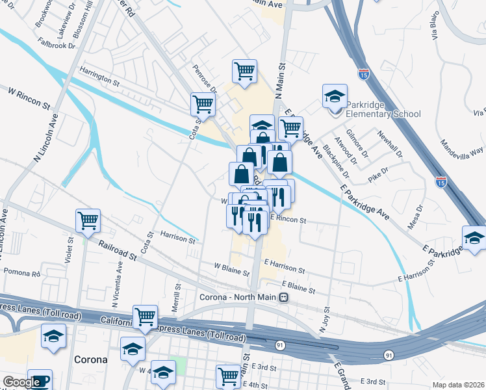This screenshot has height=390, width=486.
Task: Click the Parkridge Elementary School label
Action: tap(383, 109)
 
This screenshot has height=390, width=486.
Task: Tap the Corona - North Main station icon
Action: tap(283, 298)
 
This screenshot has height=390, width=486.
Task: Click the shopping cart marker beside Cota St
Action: tap(203, 104)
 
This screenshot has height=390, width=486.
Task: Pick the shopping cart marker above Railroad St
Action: tap(88, 220)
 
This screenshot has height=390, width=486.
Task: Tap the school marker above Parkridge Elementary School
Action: tap(335, 97)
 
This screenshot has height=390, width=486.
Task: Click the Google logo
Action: tap(21, 382)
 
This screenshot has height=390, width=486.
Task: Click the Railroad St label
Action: tap(118, 250)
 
